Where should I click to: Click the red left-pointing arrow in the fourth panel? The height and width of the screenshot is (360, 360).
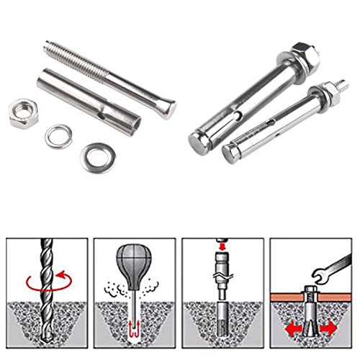coord(289,328)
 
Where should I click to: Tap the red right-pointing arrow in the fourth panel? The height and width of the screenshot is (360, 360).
coord(331,328)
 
